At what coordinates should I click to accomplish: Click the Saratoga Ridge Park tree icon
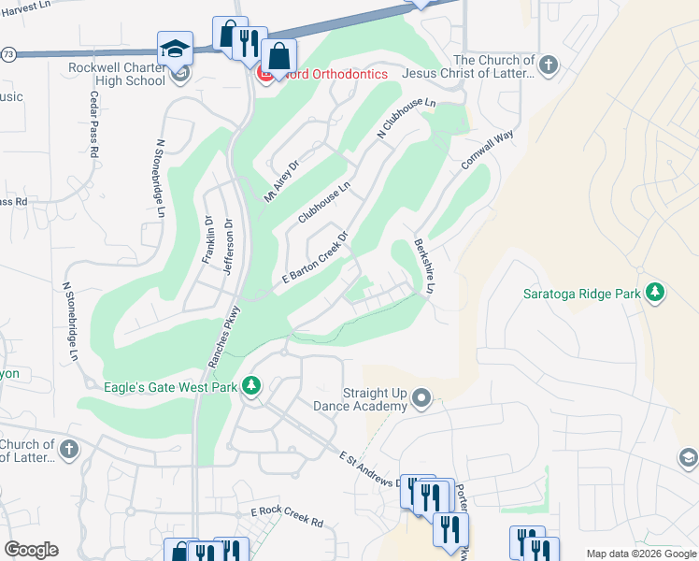[x=655, y=294]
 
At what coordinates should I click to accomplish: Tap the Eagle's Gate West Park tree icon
[x=250, y=385]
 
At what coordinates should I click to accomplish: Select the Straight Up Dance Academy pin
[x=421, y=399]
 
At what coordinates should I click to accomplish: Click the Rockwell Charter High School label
[x=117, y=74]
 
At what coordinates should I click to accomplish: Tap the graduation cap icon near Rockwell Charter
[x=175, y=49]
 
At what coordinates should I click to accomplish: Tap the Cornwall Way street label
[x=487, y=151]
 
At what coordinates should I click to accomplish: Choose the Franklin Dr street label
[x=207, y=240]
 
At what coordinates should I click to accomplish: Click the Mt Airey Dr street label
[x=280, y=180]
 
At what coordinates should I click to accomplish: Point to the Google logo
[x=31, y=550]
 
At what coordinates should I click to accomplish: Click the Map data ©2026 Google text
[x=640, y=554]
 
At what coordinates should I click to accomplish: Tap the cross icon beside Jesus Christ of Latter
[x=549, y=65]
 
